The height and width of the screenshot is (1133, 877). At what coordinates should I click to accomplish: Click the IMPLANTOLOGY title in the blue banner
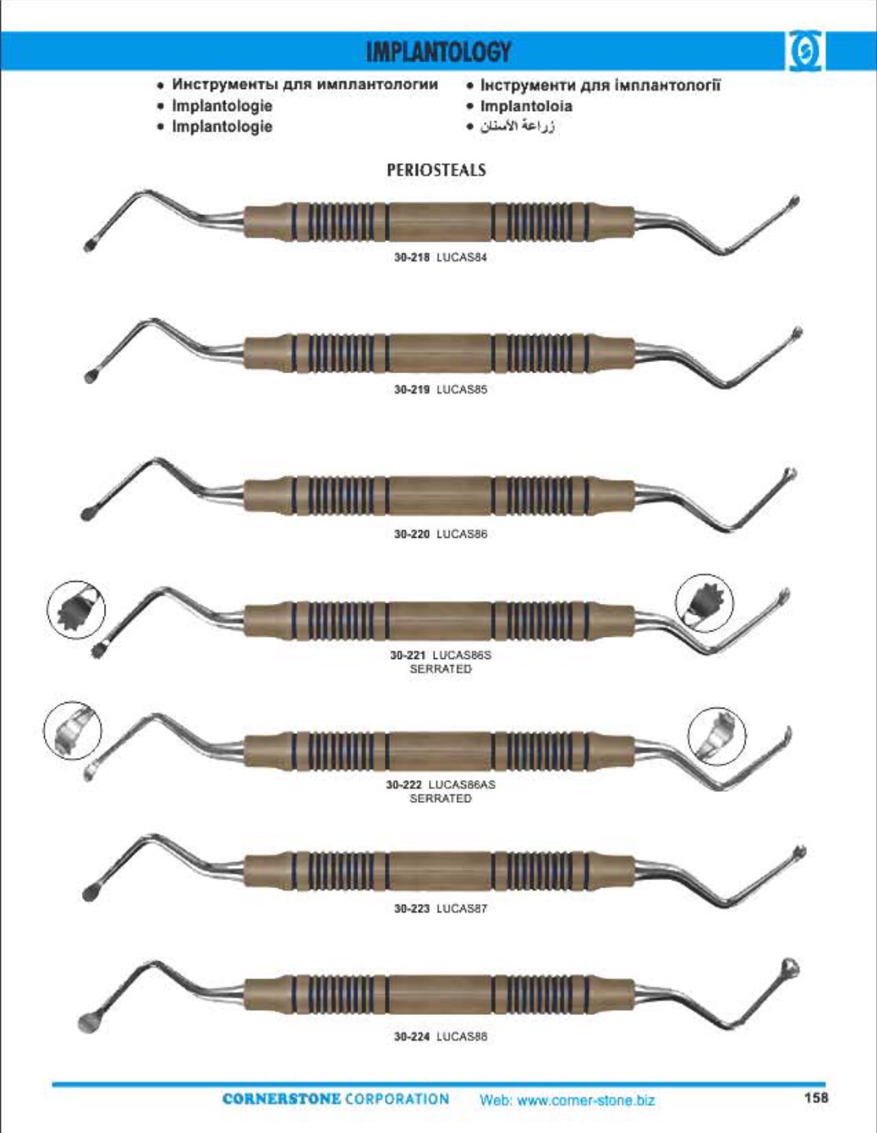(x=438, y=52)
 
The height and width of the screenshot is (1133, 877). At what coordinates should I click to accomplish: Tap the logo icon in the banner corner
(x=805, y=51)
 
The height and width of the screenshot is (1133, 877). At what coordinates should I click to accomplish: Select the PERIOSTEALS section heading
(x=436, y=170)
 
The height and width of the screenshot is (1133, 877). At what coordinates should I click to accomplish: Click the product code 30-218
(x=412, y=257)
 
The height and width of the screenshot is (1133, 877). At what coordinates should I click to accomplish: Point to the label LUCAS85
(x=461, y=389)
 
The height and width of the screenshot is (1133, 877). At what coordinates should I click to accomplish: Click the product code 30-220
(x=412, y=534)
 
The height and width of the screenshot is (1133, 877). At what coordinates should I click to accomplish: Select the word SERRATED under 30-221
(x=440, y=669)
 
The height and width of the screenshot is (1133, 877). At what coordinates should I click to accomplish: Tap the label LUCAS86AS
(x=461, y=784)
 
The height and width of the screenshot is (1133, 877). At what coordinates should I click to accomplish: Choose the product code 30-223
(x=412, y=909)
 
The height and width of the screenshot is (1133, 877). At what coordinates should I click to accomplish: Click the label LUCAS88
(x=461, y=1036)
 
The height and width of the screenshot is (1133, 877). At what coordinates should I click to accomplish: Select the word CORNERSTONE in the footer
(x=281, y=1099)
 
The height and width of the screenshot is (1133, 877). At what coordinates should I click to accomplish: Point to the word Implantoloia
(x=526, y=106)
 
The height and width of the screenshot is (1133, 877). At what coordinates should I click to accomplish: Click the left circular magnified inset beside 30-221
(x=76, y=609)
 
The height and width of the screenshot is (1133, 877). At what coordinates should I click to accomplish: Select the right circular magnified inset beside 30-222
(x=717, y=737)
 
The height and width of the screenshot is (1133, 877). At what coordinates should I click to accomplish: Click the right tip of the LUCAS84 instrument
(x=794, y=201)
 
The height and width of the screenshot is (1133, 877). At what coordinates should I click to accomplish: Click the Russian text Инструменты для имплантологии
(x=305, y=85)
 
